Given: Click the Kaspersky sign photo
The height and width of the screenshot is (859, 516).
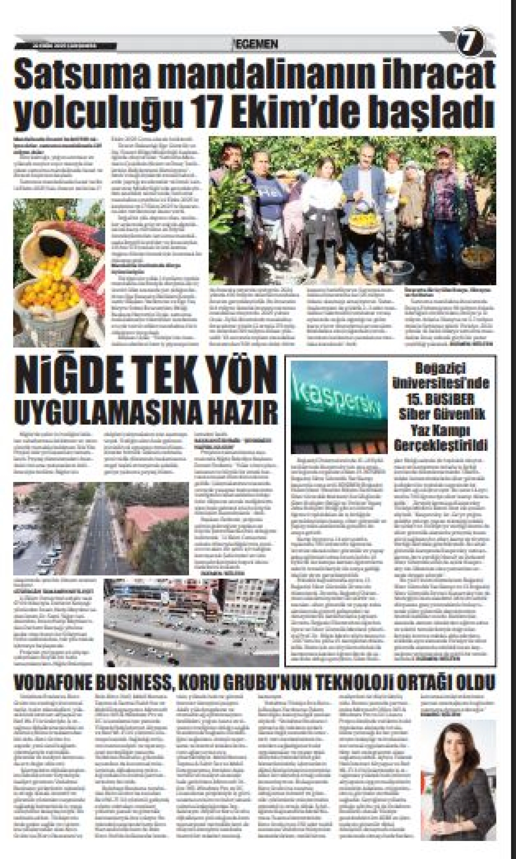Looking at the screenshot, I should (x=339, y=407).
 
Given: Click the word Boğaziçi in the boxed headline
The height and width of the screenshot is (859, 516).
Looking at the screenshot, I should (x=441, y=368).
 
